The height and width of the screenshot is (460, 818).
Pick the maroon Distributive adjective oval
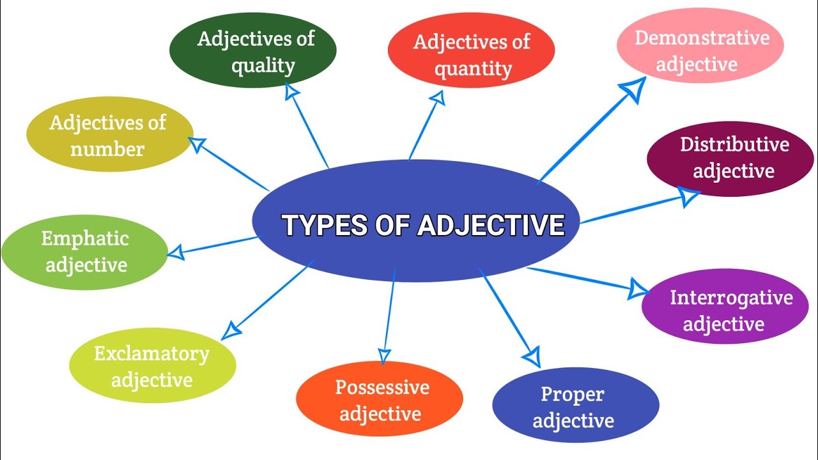point(730,158)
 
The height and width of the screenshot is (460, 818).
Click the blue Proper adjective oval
point(575,406)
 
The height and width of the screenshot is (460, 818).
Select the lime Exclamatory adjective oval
point(152,365)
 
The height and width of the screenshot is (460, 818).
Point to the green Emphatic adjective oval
point(84,252)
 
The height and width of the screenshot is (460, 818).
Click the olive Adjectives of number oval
point(109,135)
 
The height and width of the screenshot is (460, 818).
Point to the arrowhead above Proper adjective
point(532,356)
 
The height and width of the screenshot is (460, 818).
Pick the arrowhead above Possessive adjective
point(384,355)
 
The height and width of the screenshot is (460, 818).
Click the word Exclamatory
point(152,353)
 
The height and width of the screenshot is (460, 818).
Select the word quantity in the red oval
point(473,68)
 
